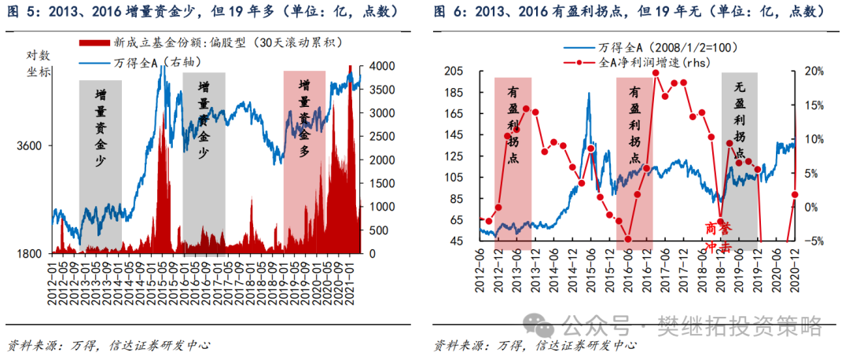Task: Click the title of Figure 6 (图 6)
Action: (x=630, y=12)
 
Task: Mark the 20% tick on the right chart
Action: (x=812, y=71)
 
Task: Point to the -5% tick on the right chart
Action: (x=812, y=241)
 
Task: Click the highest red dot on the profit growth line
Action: (x=656, y=73)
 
